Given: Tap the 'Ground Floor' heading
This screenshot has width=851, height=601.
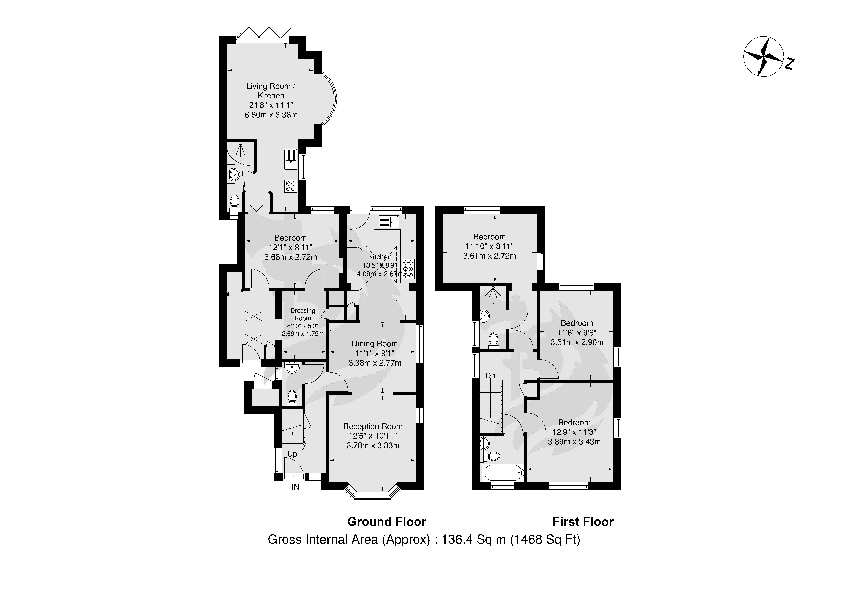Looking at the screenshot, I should point(387,522).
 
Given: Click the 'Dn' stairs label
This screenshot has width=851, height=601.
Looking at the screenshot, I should point(490,376).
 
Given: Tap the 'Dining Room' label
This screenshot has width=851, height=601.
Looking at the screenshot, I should point(375,344).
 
